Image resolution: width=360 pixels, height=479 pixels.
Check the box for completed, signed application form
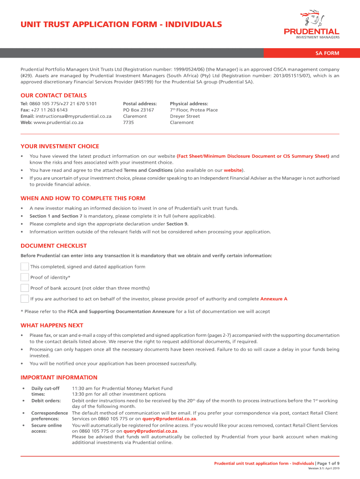(x=25, y=267)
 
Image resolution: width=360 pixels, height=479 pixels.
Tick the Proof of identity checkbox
(x=25, y=277)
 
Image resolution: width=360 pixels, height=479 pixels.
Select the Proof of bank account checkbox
(x=25, y=288)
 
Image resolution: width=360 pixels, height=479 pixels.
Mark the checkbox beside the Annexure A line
(x=25, y=299)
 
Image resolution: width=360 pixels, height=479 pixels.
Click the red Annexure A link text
(x=274, y=299)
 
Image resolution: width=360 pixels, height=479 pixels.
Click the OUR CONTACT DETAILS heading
(x=54, y=95)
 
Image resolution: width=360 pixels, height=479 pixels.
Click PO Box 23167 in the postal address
(x=138, y=110)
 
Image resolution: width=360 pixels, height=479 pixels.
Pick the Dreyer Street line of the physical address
(x=185, y=116)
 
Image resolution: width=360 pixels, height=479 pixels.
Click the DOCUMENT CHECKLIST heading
(x=54, y=246)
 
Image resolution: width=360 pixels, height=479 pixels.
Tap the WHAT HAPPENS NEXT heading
(x=52, y=325)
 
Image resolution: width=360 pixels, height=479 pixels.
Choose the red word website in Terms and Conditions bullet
(x=233, y=170)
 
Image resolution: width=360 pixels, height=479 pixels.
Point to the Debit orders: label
(x=46, y=400)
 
